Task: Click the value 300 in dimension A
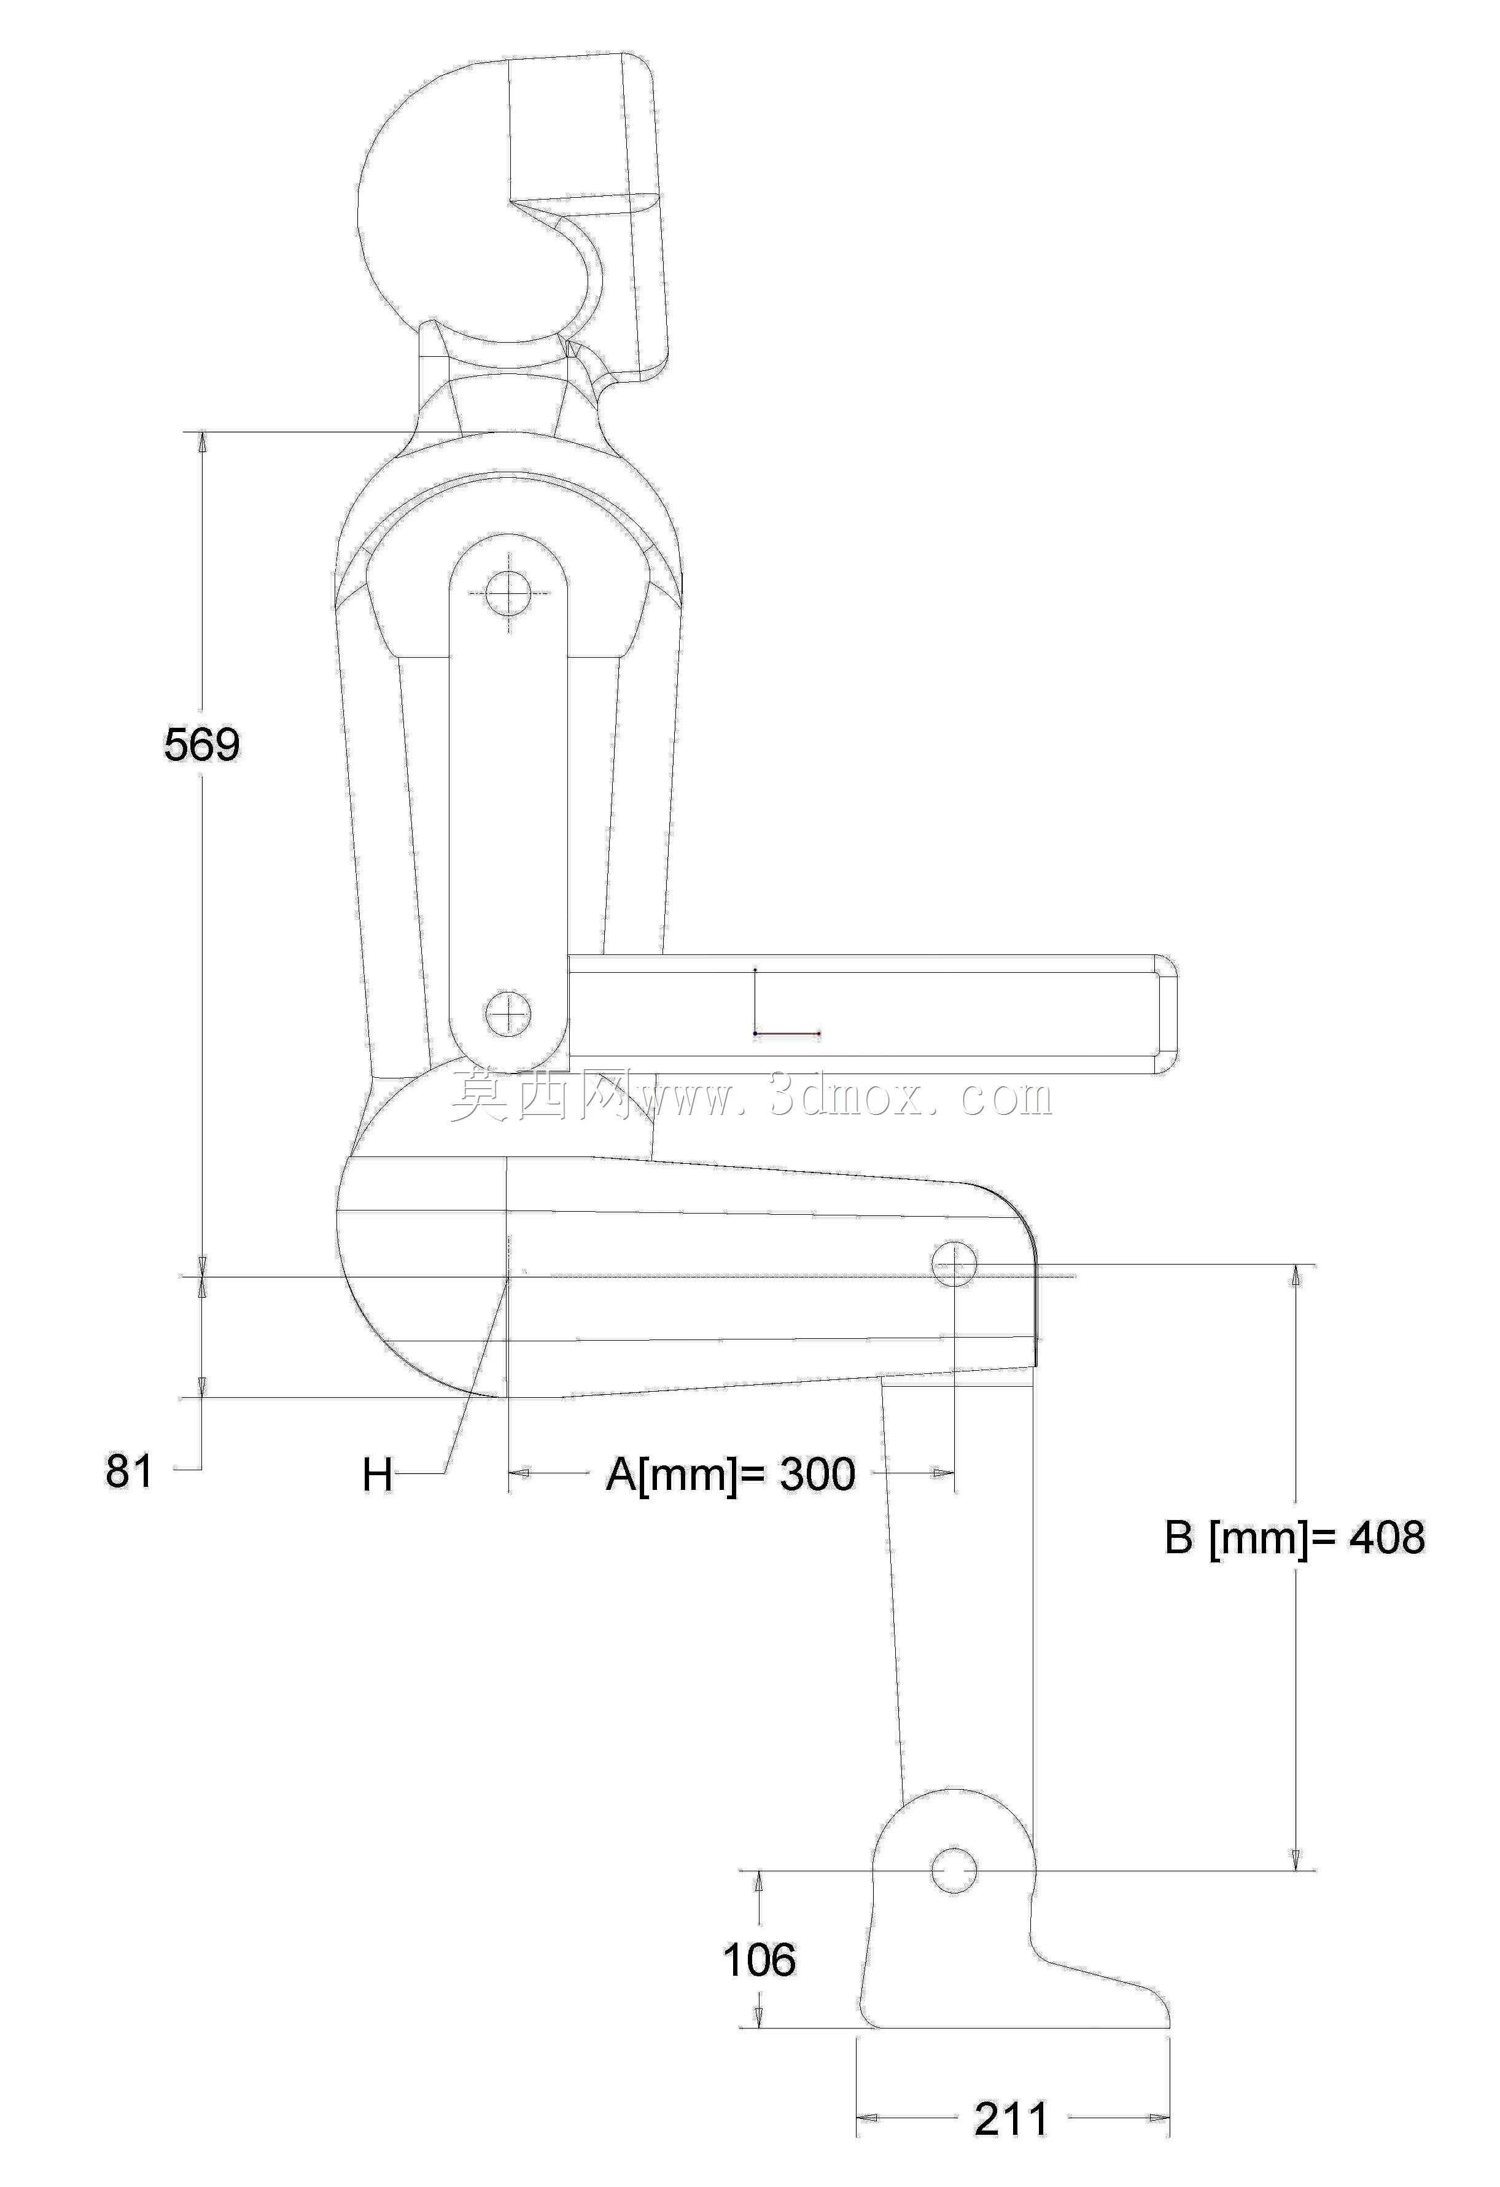817,1474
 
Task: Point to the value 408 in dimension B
1387,1538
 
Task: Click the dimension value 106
758,1960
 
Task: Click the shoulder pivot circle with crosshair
509,592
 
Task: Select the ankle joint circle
954,1870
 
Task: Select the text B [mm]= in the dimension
1251,1538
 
